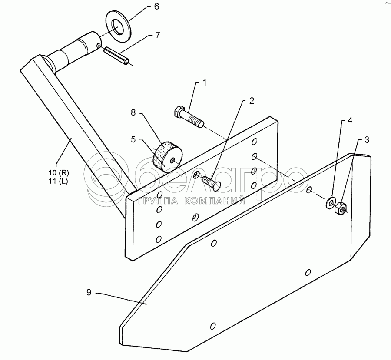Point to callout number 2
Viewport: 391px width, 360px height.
click(251, 101)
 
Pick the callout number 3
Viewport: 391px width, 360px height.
click(367, 140)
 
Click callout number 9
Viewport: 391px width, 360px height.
click(89, 293)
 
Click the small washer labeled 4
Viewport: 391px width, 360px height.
click(331, 202)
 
